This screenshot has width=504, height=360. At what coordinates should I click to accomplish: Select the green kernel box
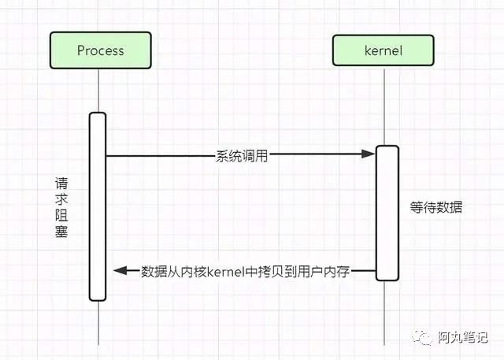click(x=384, y=50)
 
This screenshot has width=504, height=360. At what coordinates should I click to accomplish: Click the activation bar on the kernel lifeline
click(x=386, y=213)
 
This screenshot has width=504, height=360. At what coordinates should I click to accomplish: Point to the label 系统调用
click(x=242, y=156)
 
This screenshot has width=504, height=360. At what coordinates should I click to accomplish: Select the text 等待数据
click(x=436, y=208)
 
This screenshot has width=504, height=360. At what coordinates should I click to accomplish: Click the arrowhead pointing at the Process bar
click(x=120, y=271)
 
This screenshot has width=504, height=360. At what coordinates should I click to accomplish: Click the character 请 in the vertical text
click(x=61, y=184)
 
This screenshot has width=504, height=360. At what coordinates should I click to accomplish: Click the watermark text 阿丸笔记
click(x=464, y=337)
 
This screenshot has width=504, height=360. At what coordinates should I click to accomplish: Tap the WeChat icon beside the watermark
click(x=426, y=336)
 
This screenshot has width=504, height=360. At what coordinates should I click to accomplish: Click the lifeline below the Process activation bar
click(x=98, y=323)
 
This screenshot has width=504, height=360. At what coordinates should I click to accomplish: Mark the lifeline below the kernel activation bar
click(x=386, y=311)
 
